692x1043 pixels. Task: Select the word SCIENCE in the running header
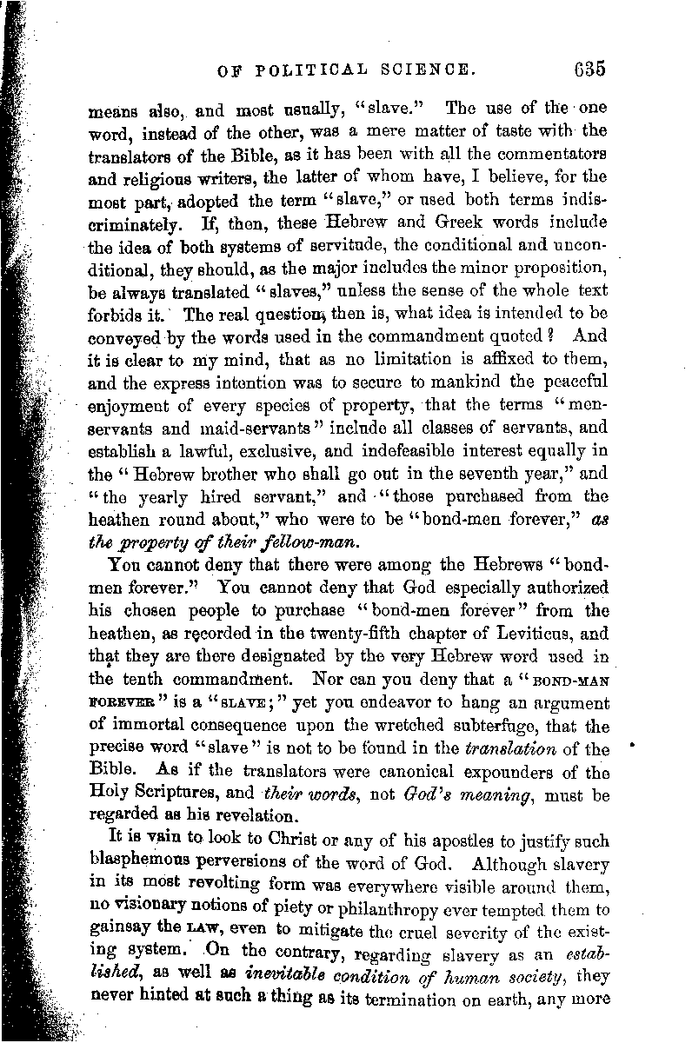pyautogui.click(x=428, y=70)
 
